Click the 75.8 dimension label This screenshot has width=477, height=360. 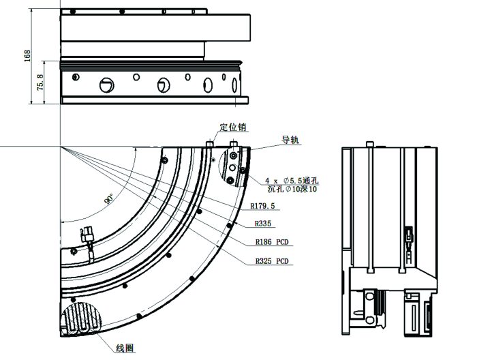(40, 82)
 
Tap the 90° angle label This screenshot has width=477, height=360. (108, 198)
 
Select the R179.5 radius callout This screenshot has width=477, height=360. (262, 206)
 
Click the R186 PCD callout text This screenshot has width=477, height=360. (272, 241)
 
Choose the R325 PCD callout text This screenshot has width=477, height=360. (272, 261)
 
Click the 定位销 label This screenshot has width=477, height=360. (232, 127)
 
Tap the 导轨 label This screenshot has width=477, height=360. (290, 140)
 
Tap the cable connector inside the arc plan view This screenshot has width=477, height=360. (87, 237)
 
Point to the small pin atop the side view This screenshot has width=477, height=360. (369, 143)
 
